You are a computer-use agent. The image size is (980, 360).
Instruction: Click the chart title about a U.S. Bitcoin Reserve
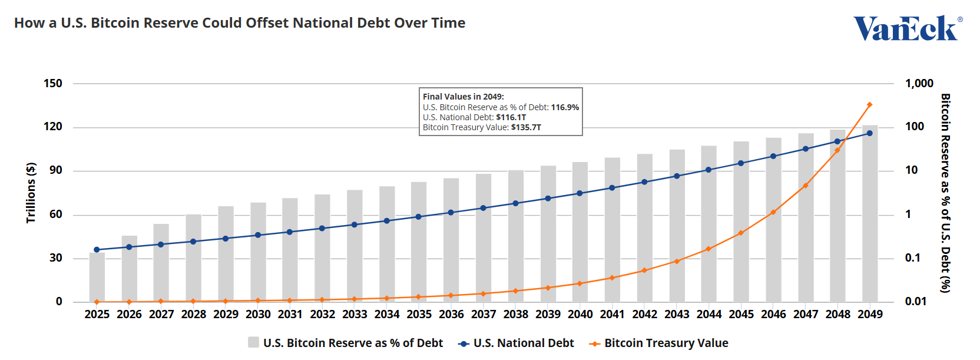(x=240, y=23)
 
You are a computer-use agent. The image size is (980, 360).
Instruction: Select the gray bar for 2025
(x=97, y=277)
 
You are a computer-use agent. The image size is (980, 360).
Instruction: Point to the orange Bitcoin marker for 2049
(x=870, y=105)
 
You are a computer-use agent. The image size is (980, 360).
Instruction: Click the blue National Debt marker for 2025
(x=97, y=250)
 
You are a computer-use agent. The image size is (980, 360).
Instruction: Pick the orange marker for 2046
(x=773, y=212)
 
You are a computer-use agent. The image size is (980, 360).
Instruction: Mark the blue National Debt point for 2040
(x=580, y=193)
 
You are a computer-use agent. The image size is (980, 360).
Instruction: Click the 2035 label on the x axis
(x=419, y=315)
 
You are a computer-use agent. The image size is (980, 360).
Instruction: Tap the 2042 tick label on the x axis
(x=644, y=315)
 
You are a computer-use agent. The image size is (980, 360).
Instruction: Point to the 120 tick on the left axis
(x=53, y=127)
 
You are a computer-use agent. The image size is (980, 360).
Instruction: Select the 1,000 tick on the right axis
(x=919, y=83)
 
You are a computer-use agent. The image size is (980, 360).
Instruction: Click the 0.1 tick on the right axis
(x=912, y=258)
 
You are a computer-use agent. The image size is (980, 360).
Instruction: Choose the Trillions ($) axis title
(x=31, y=193)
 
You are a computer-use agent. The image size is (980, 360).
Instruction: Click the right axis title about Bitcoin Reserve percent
(x=945, y=193)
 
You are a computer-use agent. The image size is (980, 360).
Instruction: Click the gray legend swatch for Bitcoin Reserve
(x=254, y=342)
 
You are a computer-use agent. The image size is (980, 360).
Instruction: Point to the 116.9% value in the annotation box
(x=565, y=107)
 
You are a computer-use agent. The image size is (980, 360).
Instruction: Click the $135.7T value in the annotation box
(x=526, y=127)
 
